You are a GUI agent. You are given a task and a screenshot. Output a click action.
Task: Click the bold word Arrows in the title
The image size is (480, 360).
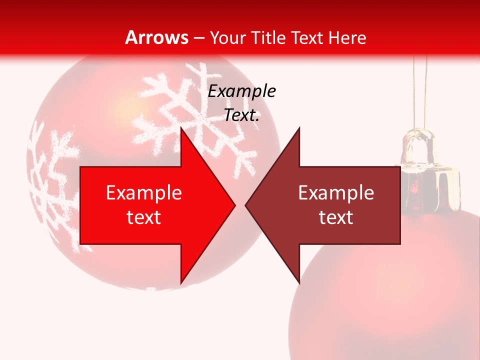click(x=157, y=37)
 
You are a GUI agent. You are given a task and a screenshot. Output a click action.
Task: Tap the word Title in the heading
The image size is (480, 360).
click(x=267, y=37)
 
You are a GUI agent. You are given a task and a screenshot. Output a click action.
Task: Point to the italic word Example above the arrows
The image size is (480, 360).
click(x=242, y=91)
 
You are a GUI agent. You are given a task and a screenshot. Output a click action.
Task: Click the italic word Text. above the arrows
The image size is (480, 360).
click(x=242, y=115)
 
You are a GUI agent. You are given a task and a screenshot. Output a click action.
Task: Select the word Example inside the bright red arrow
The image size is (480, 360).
click(x=144, y=193)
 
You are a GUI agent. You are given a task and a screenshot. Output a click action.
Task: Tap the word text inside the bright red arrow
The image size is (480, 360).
click(x=144, y=217)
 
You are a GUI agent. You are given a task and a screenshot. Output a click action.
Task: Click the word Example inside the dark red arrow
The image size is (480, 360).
click(x=336, y=193)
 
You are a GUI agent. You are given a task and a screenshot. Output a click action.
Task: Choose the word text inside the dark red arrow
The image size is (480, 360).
click(x=336, y=217)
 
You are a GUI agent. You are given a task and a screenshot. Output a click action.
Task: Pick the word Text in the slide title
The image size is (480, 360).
click(x=304, y=37)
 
